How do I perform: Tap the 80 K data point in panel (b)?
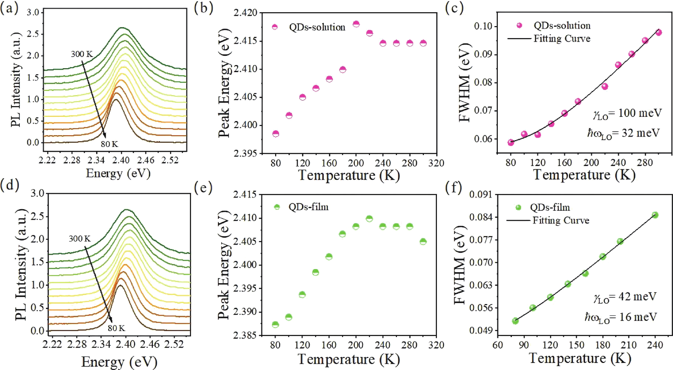[x=276, y=134]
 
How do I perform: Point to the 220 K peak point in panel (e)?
[x=369, y=219]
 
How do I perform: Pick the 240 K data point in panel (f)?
[x=655, y=215]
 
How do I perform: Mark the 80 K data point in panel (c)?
[x=511, y=142]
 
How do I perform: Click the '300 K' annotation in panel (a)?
[x=82, y=54]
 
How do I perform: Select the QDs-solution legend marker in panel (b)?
[x=275, y=27]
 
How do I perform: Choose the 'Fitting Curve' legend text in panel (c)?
[x=562, y=39]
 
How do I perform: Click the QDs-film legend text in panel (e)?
[x=308, y=207]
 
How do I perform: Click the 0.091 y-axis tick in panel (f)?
[x=481, y=195]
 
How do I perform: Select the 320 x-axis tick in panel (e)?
[x=436, y=345]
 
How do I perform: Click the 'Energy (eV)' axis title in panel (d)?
[x=119, y=362]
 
